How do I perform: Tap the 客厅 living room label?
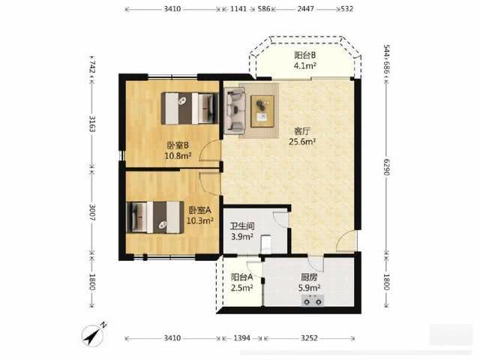[x=302, y=131]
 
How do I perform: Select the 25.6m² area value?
[x=302, y=142]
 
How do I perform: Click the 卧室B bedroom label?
[x=178, y=145]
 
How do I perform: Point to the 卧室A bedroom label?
[x=200, y=210]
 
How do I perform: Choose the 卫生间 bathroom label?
[x=242, y=226]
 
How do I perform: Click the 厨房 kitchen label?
[x=309, y=277]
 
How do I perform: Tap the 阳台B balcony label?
[x=305, y=55]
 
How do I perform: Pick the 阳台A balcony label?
[x=241, y=277]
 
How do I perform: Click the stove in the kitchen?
[x=313, y=301]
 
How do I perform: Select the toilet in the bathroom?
[x=265, y=244]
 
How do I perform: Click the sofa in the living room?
[x=235, y=111]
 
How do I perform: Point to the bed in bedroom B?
[x=190, y=108]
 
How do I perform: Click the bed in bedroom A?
[x=155, y=217]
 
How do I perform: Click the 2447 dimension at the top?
[x=305, y=9]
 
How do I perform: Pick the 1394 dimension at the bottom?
[x=241, y=338]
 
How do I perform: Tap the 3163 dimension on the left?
[x=91, y=123]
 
